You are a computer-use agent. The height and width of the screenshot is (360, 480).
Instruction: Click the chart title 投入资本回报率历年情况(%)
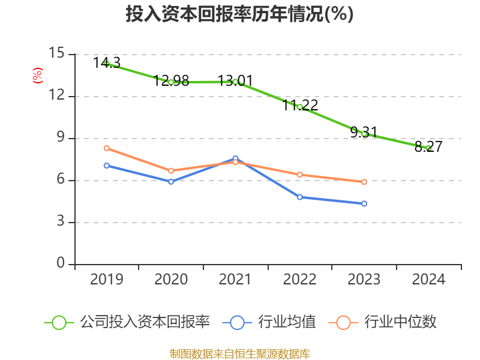(x=239, y=14)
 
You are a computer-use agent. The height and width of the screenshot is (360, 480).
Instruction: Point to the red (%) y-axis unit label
(x=38, y=76)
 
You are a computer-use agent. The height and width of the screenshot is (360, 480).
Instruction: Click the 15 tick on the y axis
(x=56, y=53)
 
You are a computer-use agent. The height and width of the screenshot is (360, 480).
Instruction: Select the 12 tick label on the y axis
(x=56, y=95)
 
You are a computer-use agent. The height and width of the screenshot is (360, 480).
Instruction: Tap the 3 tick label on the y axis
(x=60, y=222)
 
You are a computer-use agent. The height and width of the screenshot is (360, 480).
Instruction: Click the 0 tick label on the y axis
(x=60, y=264)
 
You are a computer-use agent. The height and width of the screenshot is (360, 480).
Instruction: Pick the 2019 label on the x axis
(x=106, y=280)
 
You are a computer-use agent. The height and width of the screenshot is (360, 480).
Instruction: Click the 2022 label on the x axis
(x=299, y=280)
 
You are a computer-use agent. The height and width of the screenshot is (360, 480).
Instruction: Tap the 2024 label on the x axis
(x=428, y=280)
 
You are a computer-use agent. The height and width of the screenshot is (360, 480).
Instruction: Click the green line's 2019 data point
(x=106, y=64)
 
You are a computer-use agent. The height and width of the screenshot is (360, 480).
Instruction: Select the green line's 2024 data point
(x=428, y=148)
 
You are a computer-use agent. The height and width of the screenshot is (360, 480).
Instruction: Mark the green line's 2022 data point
(x=299, y=107)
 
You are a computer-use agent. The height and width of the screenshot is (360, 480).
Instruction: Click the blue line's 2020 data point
(x=171, y=181)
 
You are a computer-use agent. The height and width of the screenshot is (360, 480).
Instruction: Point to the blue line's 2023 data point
(x=364, y=203)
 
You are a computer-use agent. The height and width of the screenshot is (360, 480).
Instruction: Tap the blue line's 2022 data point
(x=299, y=197)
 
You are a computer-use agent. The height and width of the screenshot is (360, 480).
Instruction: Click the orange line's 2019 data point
(x=106, y=148)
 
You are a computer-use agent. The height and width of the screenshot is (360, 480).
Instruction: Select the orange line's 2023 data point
(x=364, y=182)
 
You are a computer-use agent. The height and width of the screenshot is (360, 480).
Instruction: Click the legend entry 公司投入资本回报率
(x=128, y=322)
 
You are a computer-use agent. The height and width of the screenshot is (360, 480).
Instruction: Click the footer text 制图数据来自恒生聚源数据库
(x=239, y=353)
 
